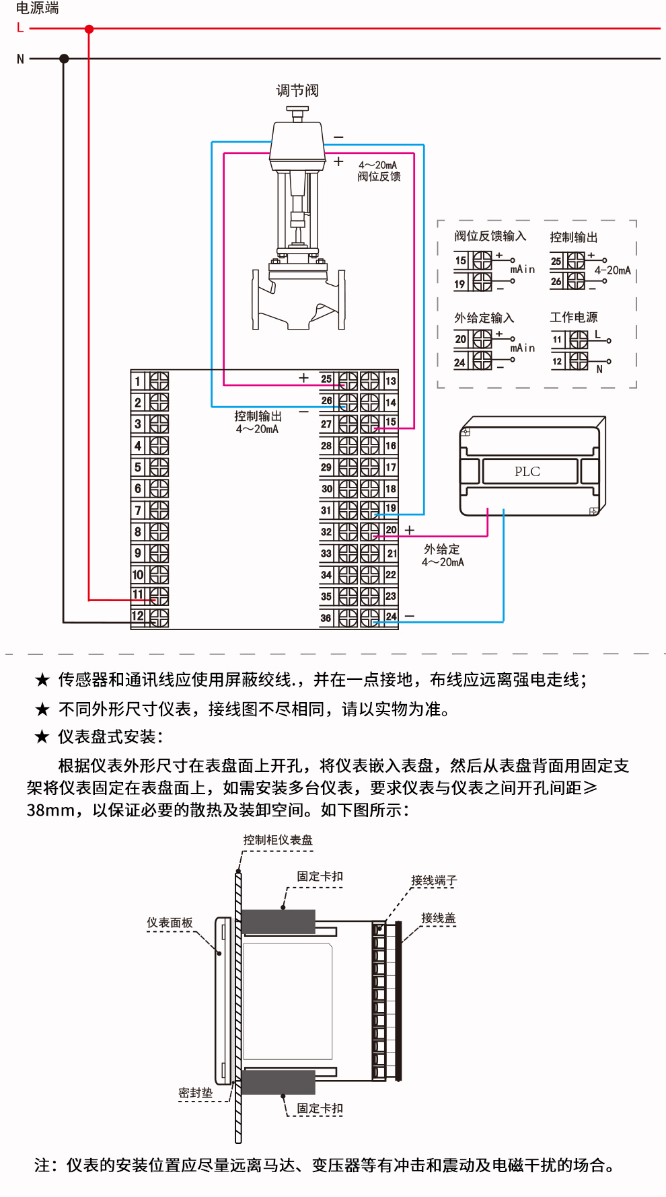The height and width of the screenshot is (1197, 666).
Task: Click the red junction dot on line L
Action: point(89,29)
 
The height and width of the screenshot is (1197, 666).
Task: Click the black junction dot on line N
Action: point(64,59)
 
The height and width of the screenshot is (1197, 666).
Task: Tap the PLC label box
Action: point(529,471)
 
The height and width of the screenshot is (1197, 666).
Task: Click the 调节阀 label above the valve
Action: point(297,90)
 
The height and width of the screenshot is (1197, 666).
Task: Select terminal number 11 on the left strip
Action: point(138,594)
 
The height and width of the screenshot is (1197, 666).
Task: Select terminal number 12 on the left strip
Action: point(138,616)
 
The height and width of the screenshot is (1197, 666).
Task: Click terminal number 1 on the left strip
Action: point(138,381)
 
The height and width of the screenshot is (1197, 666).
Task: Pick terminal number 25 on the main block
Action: point(326,379)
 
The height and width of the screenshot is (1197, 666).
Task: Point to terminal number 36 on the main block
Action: point(326,617)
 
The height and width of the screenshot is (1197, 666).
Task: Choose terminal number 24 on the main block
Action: point(391,616)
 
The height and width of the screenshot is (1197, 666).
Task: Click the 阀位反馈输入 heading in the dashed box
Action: point(490,236)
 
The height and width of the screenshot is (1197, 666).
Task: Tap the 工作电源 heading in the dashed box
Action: point(573,317)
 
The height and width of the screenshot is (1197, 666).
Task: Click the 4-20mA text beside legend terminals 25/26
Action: point(612,270)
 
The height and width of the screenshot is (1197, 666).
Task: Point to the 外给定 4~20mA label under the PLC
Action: point(443,555)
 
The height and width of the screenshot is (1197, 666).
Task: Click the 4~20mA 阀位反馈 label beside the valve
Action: point(379,171)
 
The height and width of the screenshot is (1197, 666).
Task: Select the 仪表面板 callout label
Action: point(170,923)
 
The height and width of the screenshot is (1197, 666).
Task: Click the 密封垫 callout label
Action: point(195,1093)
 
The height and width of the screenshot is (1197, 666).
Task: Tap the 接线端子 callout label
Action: point(434,880)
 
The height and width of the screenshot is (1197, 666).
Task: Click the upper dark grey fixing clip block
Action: point(278,921)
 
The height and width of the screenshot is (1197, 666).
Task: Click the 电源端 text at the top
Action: point(38,8)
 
